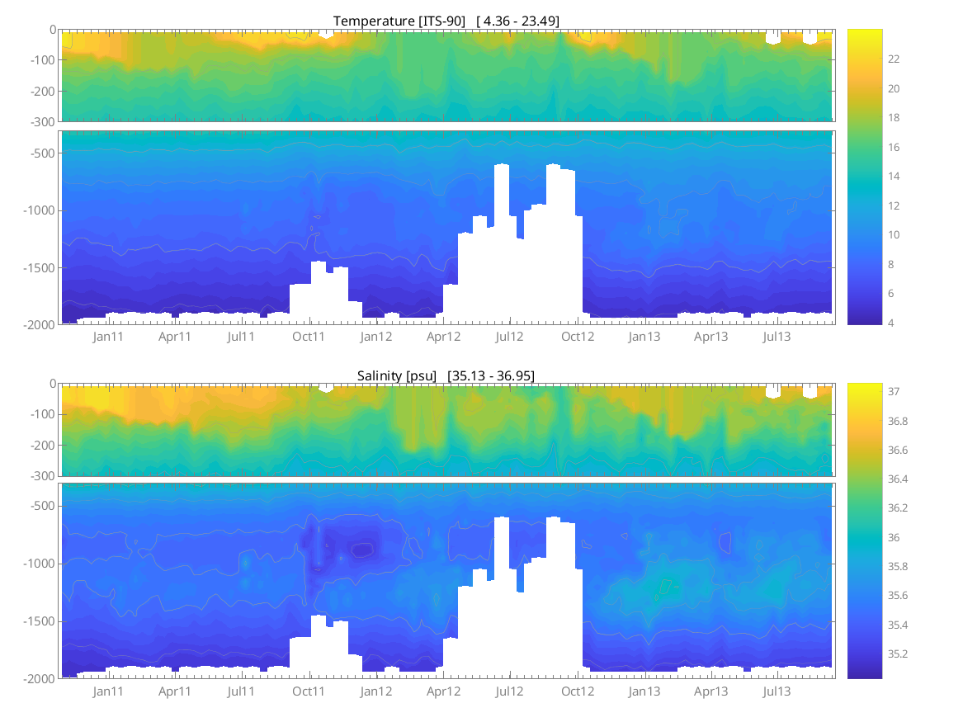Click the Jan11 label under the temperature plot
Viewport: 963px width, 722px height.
(x=108, y=337)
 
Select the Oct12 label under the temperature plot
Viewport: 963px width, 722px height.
(x=578, y=337)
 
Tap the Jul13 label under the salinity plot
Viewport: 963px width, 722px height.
(x=777, y=691)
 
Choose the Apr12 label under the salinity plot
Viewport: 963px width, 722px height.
(x=444, y=691)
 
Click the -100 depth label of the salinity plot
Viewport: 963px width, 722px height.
(x=45, y=414)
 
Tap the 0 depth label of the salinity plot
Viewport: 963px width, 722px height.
(x=54, y=384)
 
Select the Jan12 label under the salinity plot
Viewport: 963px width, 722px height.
(x=376, y=691)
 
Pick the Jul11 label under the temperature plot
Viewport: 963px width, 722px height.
(x=241, y=337)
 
